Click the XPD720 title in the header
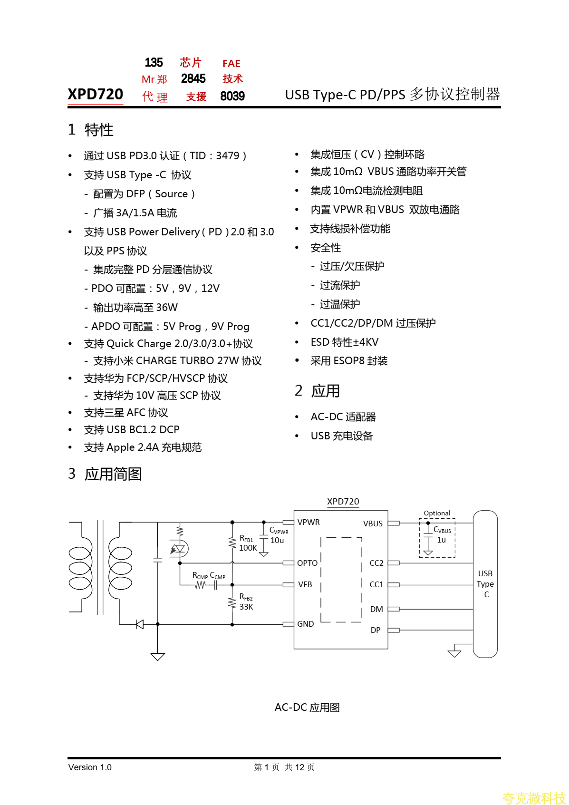click(x=95, y=94)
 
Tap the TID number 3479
click(x=228, y=156)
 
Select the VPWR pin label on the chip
click(x=309, y=522)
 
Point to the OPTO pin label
click(x=307, y=563)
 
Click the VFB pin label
click(x=305, y=584)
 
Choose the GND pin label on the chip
click(x=306, y=624)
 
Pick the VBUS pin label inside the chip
click(x=373, y=524)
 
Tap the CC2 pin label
click(x=376, y=563)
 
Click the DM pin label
click(x=376, y=609)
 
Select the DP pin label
click(x=376, y=630)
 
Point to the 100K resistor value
click(x=248, y=548)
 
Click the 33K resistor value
click(x=246, y=607)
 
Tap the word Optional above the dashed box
click(x=437, y=513)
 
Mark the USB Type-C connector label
click(x=485, y=584)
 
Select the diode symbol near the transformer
click(x=140, y=624)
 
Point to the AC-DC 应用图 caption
click(x=307, y=708)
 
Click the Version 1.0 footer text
click(x=90, y=767)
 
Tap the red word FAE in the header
click(x=231, y=64)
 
